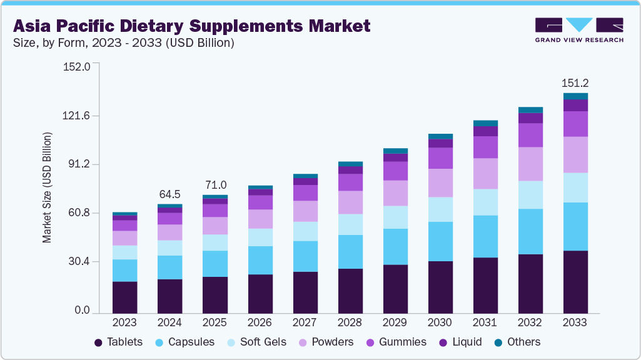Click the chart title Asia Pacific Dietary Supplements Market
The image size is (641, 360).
click(x=191, y=26)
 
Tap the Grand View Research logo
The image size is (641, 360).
click(x=578, y=30)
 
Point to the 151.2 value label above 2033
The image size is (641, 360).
click(x=575, y=82)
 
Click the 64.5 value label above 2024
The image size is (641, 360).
click(x=169, y=193)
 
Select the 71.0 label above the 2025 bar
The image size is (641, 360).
click(x=215, y=185)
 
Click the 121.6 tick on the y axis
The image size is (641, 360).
click(x=78, y=116)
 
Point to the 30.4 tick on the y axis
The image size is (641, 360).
click(x=80, y=261)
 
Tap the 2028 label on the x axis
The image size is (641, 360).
click(x=350, y=322)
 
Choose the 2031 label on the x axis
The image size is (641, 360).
click(x=485, y=322)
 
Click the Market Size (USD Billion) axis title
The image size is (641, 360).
click(x=47, y=187)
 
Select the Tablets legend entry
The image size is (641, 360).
click(x=118, y=342)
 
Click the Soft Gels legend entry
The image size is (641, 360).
click(x=256, y=342)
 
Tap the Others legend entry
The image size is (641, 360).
click(x=517, y=342)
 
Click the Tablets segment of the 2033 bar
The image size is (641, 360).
click(x=575, y=281)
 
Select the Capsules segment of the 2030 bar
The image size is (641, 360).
click(x=440, y=241)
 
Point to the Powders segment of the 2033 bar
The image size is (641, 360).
click(x=575, y=154)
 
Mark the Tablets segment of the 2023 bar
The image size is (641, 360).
click(x=124, y=297)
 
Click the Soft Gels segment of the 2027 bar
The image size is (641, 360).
click(x=305, y=231)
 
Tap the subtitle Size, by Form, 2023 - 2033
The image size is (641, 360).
click(x=124, y=43)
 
